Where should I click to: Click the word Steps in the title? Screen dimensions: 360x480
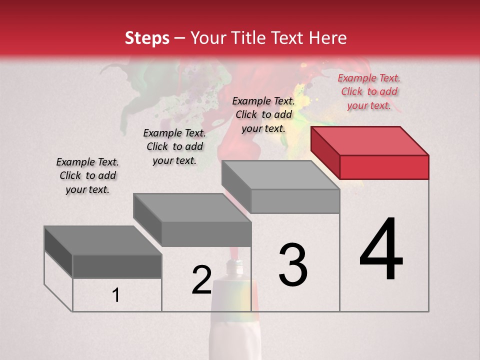[147, 38]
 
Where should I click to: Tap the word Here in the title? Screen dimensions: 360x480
[327, 38]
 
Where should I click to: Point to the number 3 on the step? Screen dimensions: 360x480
[293, 265]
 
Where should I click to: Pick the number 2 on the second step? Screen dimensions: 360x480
[202, 280]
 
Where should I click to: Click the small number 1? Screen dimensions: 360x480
[116, 295]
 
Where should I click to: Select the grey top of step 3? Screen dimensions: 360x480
[280, 175]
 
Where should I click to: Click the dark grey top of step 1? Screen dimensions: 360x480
[102, 240]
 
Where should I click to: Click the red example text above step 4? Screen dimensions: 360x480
[369, 92]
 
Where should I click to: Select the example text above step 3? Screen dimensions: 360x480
[263, 115]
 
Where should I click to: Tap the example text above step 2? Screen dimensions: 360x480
[174, 147]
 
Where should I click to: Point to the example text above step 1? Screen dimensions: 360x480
[87, 176]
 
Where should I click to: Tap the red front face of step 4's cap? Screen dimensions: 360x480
[384, 167]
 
